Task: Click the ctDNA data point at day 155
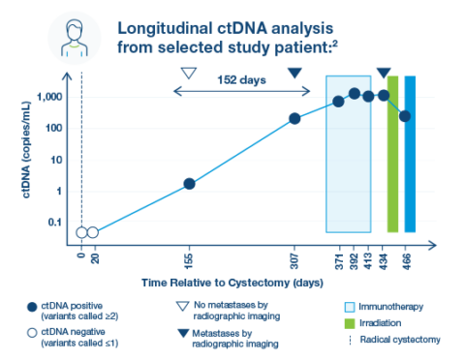click(x=190, y=184)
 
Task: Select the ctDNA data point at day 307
click(x=295, y=119)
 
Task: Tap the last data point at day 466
click(x=405, y=116)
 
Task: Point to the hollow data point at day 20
click(x=93, y=232)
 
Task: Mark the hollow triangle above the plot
click(x=189, y=74)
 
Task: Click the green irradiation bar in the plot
click(x=392, y=155)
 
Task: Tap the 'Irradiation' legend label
click(x=384, y=322)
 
